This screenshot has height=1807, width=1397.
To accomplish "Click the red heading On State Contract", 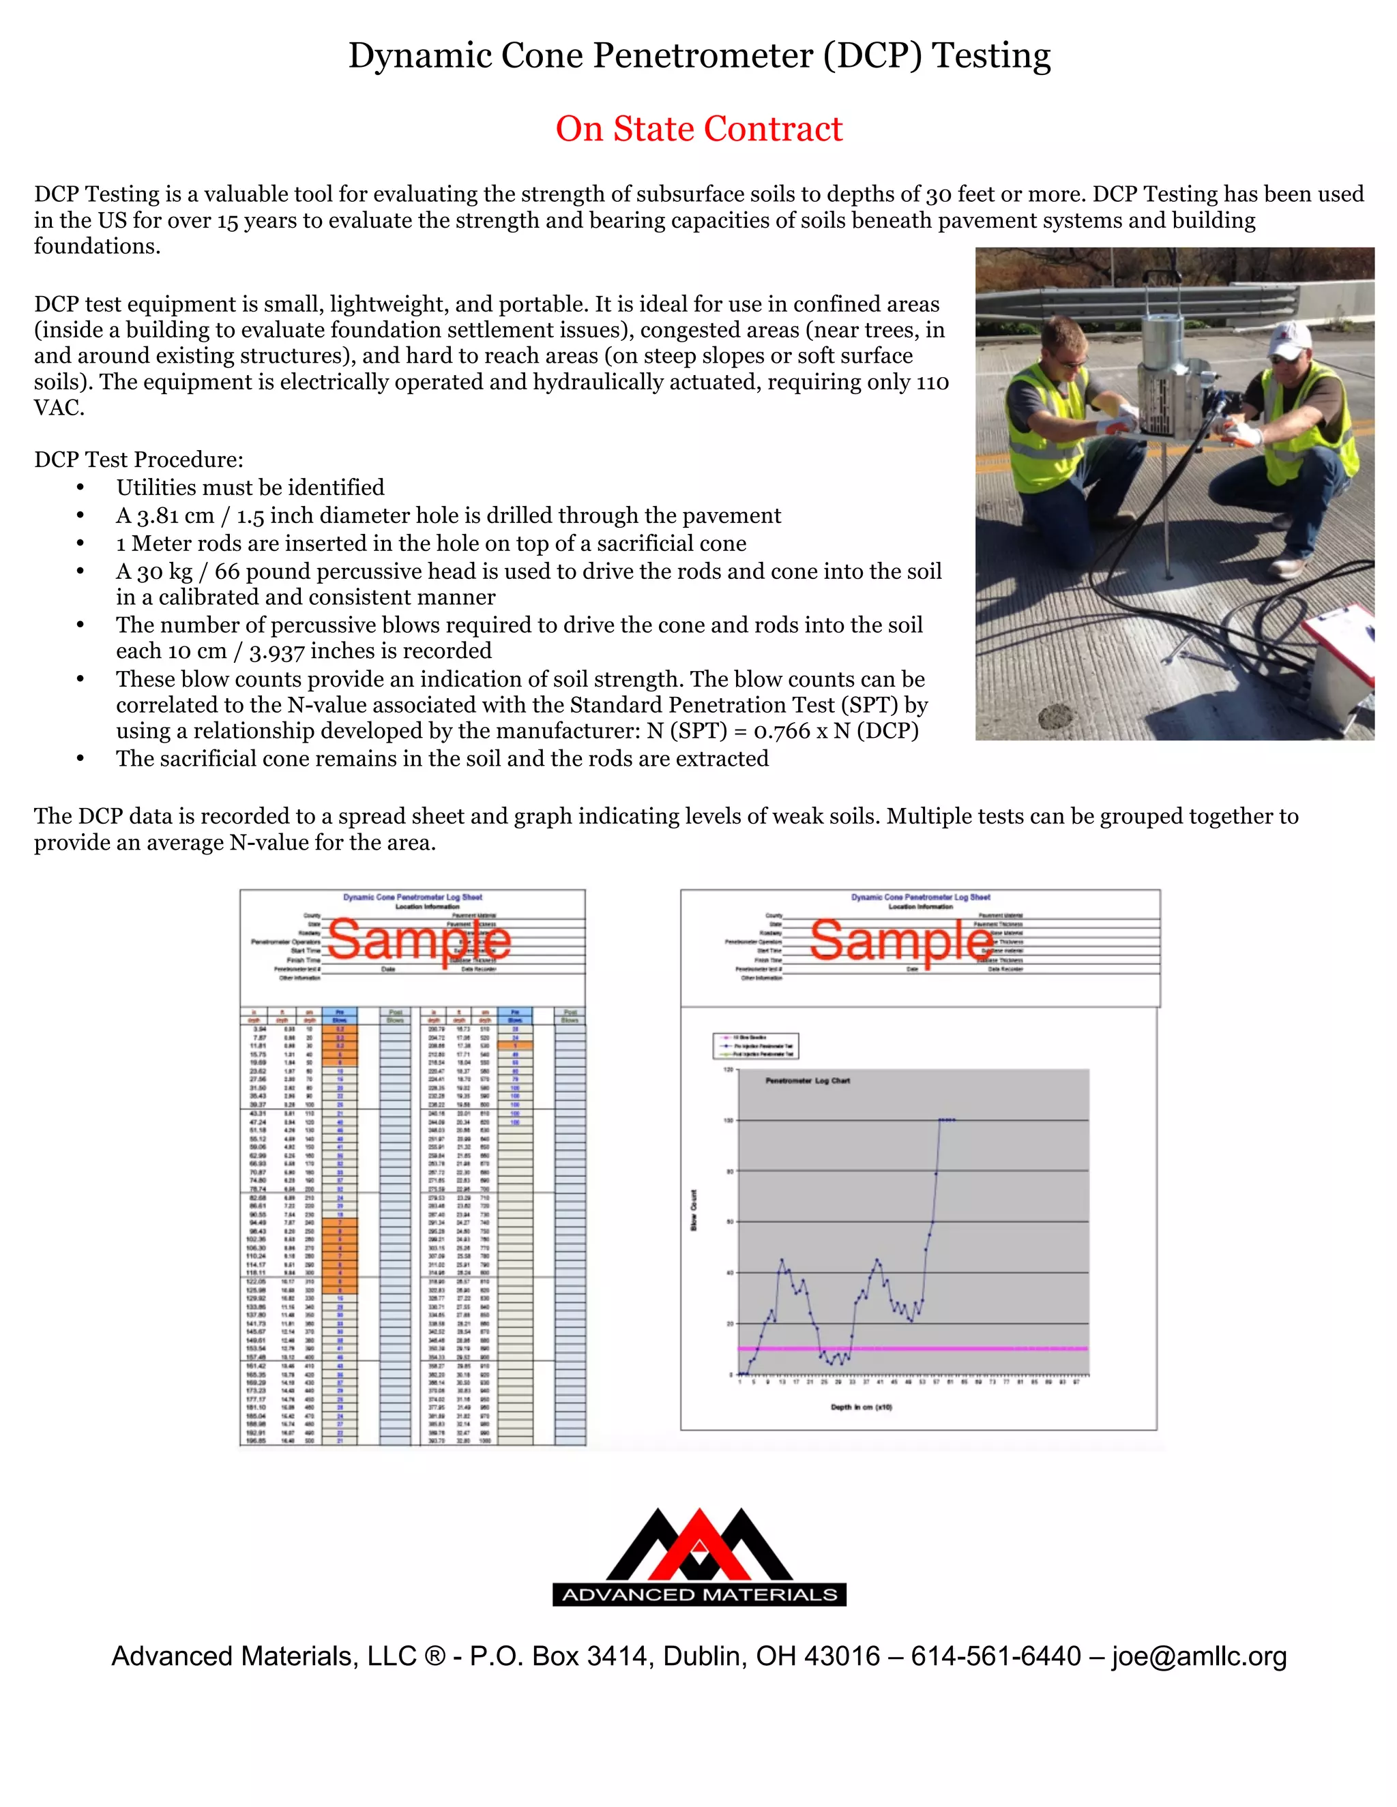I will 698,129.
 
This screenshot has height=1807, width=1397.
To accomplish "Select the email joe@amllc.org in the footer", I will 1199,1656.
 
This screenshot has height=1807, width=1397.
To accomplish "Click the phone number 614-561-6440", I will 996,1656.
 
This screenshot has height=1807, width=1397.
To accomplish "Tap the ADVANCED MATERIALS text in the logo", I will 699,1594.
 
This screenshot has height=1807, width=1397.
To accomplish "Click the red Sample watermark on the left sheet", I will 419,941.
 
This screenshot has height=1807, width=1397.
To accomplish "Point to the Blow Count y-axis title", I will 694,1209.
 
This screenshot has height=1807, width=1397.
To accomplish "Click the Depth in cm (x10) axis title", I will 861,1407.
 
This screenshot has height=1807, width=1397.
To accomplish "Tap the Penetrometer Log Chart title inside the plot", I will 807,1081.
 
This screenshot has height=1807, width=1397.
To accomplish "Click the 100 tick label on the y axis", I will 729,1120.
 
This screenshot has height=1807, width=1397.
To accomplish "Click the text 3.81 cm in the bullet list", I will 164,516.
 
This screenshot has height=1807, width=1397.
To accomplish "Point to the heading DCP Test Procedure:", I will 139,460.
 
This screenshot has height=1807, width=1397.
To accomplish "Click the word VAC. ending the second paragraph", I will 59,408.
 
